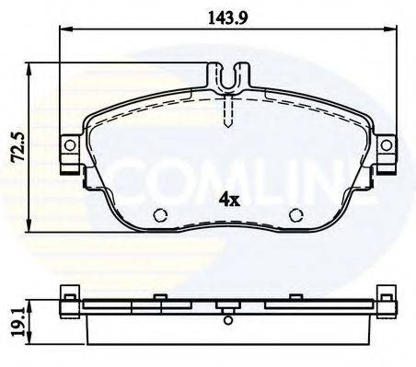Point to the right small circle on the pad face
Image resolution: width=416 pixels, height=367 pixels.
[295, 216]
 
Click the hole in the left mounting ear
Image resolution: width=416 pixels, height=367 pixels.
[67, 144]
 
